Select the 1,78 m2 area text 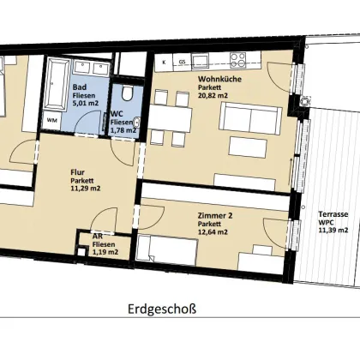(123, 130)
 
